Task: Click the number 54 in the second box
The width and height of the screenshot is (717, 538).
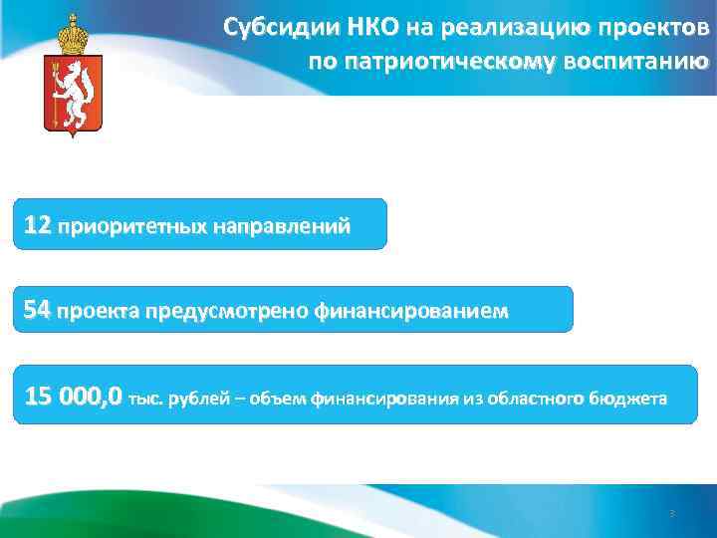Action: pos(38,312)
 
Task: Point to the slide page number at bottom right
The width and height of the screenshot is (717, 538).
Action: pos(671,514)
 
